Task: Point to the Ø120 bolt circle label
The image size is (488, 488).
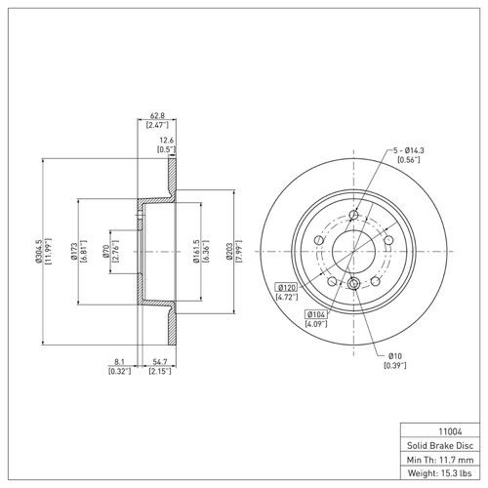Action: (x=286, y=288)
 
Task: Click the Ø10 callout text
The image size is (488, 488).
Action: (x=394, y=355)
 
